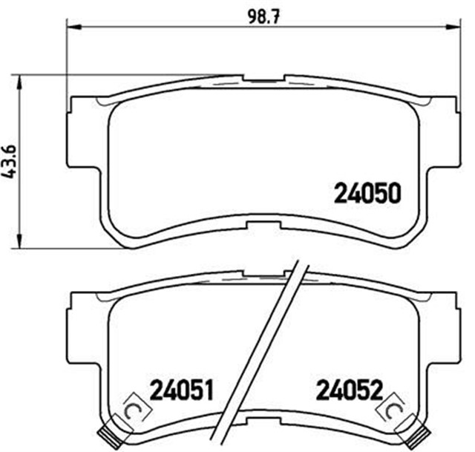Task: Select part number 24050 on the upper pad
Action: click(x=367, y=194)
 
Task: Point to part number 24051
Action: click(x=182, y=389)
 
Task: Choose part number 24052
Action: click(x=350, y=389)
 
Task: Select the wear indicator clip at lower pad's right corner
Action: click(x=422, y=433)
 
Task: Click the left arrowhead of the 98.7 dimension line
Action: click(x=71, y=27)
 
